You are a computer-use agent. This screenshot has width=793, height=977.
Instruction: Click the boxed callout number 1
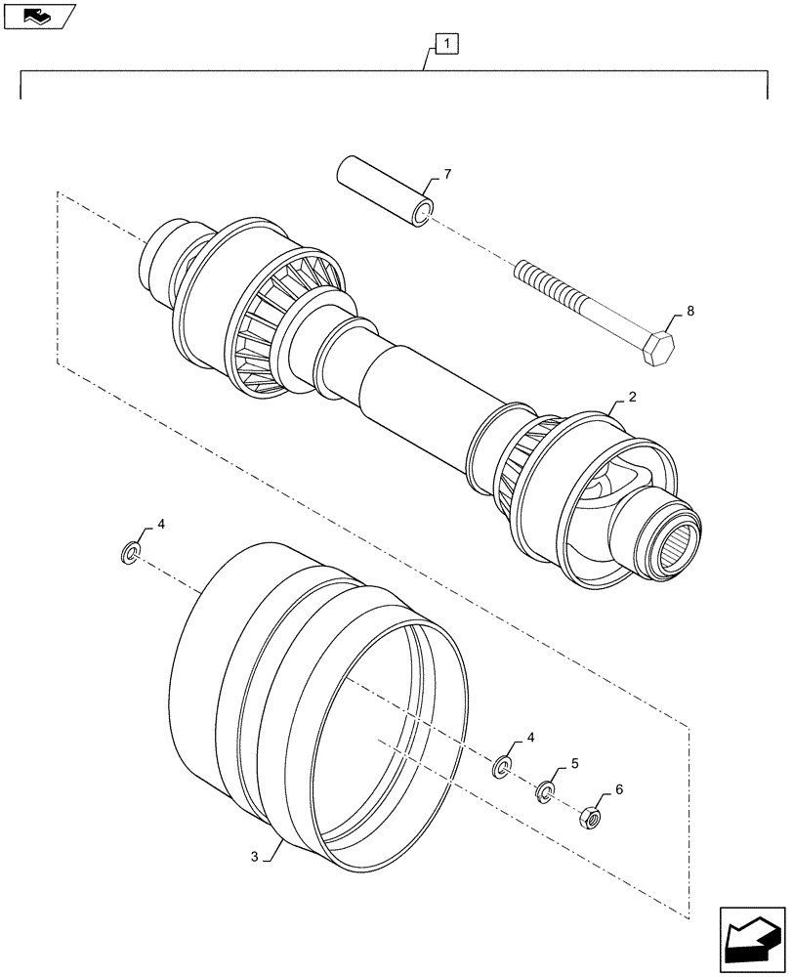pyautogui.click(x=444, y=43)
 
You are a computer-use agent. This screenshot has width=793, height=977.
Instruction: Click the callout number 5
pyautogui.click(x=576, y=763)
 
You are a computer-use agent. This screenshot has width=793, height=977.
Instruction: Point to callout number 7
pyautogui.click(x=448, y=175)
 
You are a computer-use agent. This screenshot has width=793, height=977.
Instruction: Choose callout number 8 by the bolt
pyautogui.click(x=690, y=312)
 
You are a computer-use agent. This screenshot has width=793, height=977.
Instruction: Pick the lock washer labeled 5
pyautogui.click(x=545, y=789)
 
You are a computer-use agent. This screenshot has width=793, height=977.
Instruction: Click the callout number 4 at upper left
pyautogui.click(x=161, y=524)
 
